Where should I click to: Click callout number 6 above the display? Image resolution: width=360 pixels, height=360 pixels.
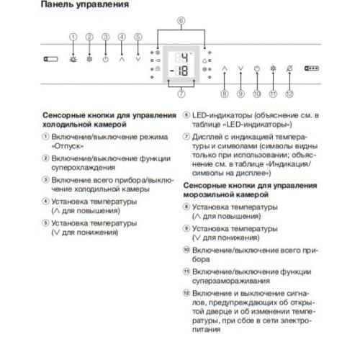coord(181,22)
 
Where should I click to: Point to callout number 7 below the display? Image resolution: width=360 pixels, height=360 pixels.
coord(181,94)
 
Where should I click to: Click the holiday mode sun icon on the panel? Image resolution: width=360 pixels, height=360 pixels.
coord(73,63)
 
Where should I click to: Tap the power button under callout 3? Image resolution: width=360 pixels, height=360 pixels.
coord(105,63)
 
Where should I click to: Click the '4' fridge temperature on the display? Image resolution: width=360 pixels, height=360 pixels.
coord(184,58)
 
